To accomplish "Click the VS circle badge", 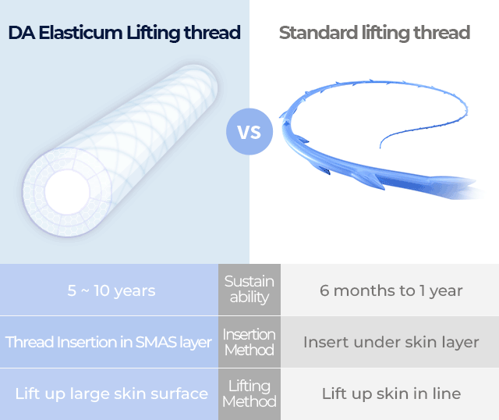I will click(249, 131).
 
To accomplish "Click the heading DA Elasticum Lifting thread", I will click(125, 33).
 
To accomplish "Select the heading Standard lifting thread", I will click(374, 33).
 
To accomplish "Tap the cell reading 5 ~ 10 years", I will click(111, 290).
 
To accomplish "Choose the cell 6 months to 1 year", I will click(391, 290).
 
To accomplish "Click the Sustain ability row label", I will click(249, 290).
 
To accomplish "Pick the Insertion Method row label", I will click(249, 342).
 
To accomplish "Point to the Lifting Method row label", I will click(249, 393).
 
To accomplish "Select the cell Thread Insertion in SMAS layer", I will click(108, 342).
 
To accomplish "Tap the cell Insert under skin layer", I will click(391, 342).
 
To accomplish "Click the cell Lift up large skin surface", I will click(111, 393).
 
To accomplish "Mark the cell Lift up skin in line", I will click(391, 393).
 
